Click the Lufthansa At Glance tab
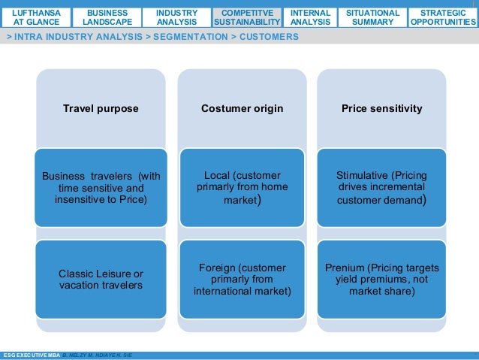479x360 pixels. (x=36, y=17)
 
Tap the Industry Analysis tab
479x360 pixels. (x=177, y=17)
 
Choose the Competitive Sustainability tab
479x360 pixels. (x=247, y=17)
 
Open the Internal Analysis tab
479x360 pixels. (x=310, y=17)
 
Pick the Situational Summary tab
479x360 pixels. (x=372, y=17)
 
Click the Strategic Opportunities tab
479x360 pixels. (x=443, y=17)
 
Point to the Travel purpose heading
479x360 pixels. (x=101, y=109)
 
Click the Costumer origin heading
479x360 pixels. (x=243, y=109)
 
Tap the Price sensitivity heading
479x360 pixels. (x=382, y=109)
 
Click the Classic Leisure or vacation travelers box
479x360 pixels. (x=101, y=279)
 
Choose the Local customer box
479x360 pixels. (x=243, y=187)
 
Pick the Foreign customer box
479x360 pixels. (x=243, y=279)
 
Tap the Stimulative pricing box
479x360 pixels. (x=382, y=187)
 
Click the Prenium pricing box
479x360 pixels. (x=382, y=279)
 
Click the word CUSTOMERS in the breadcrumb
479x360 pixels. (x=269, y=37)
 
